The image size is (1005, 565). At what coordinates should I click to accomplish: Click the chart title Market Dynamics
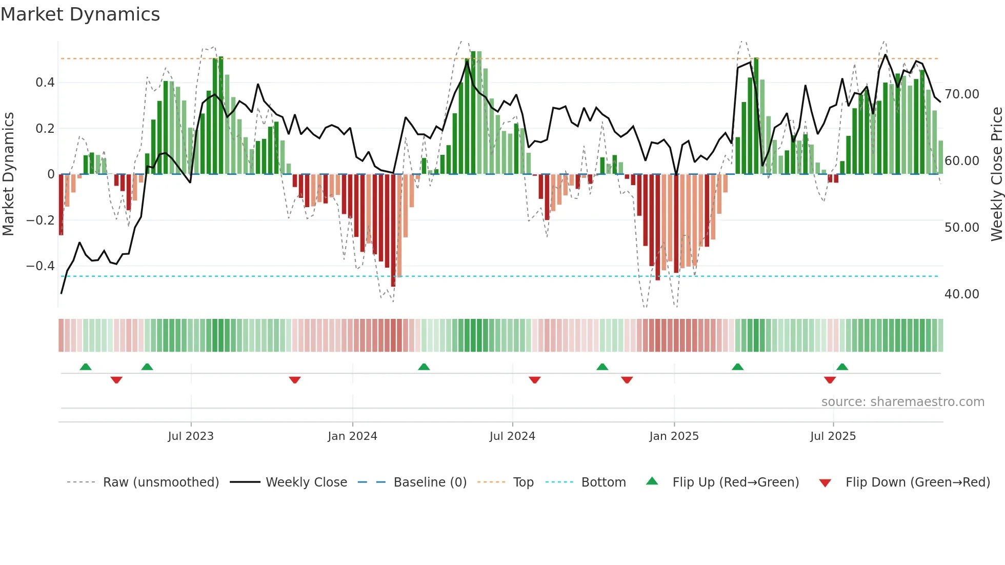coord(81,14)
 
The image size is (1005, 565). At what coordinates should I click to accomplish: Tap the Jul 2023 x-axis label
coord(191,436)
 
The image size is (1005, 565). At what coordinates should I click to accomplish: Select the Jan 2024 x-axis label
coord(352,436)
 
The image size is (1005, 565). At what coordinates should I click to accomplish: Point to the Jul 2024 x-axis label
coord(512,436)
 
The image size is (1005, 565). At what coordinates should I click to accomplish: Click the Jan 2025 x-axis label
coord(674,436)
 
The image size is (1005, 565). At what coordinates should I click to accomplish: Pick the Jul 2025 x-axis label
coord(833,436)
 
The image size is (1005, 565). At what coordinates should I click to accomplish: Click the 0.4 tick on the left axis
coord(45,83)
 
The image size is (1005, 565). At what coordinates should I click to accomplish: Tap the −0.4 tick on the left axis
coord(41,266)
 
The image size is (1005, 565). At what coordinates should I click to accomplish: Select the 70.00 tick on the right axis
coord(962,94)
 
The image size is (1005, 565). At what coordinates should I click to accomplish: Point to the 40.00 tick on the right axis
coord(962,294)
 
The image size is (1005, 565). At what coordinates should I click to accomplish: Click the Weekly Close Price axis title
coord(996,174)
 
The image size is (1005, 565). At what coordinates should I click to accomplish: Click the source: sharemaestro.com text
coord(902,402)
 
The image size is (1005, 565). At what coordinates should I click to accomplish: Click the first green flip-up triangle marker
coord(86,367)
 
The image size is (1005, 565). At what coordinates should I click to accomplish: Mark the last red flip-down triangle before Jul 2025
coord(830,380)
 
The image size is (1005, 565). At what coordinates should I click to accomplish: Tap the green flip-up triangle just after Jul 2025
coord(842,367)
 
